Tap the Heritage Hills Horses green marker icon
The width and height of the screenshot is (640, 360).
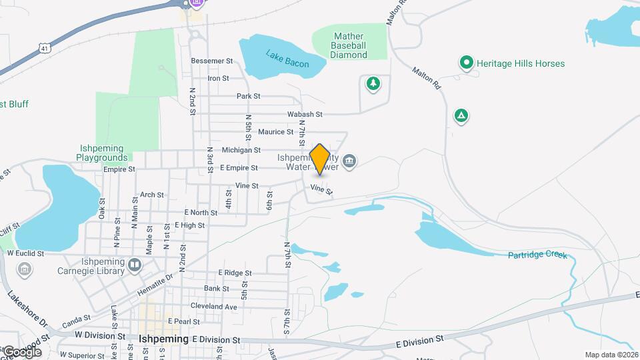pos(467,63)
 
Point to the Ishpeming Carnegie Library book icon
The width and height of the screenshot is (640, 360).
pos(135,266)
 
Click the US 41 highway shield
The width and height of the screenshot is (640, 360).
pos(44,48)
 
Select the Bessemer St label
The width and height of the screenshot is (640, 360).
pos(211,61)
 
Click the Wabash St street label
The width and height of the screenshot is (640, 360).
pos(305,115)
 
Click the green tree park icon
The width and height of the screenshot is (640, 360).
pos(373,83)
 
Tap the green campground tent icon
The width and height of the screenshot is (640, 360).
pos(461,116)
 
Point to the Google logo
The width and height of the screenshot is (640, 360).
pos(22,351)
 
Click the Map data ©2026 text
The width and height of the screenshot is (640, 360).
pos(611,355)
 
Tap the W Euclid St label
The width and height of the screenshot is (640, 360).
pos(25,253)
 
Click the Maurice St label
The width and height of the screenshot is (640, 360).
pos(271,132)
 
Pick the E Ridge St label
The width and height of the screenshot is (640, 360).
pos(235,273)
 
